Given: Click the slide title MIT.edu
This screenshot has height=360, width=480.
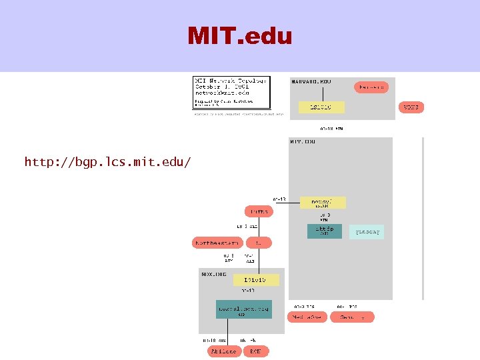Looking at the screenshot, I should [x=240, y=35].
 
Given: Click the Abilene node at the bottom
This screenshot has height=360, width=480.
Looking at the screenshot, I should [x=223, y=351].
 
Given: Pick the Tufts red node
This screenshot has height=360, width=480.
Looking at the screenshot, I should [x=260, y=212].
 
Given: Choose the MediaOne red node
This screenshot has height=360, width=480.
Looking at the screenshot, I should [x=307, y=317].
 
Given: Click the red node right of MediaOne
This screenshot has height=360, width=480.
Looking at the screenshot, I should [x=353, y=317].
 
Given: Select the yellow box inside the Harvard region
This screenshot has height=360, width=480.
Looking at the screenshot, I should [x=317, y=107].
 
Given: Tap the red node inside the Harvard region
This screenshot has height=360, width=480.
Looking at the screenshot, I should [x=371, y=87].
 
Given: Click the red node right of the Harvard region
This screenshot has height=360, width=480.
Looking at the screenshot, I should [x=411, y=107].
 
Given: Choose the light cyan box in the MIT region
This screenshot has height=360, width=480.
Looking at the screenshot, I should [x=367, y=231].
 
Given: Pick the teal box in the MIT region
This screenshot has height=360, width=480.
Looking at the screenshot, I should [x=324, y=231].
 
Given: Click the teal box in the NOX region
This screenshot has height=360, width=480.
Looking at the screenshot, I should [x=243, y=309].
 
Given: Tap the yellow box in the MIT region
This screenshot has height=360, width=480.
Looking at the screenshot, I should [x=321, y=201].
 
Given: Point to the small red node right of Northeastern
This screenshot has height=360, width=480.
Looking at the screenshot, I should [x=262, y=243].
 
